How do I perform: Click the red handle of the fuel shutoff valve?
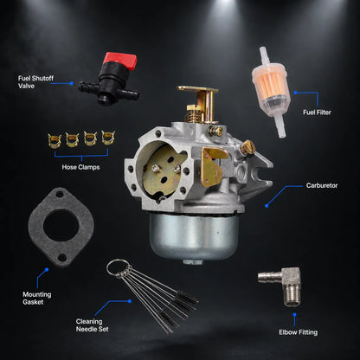[x=120, y=61]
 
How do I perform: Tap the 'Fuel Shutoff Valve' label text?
[x=35, y=82]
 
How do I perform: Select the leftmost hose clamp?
[x=55, y=140]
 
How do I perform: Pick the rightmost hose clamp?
[x=108, y=138]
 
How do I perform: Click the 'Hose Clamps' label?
[x=80, y=167]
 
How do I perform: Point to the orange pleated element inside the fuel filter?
[x=270, y=83]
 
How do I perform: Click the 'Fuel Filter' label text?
[x=317, y=112]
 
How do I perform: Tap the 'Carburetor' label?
[x=322, y=185]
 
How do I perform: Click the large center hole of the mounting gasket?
[x=61, y=225]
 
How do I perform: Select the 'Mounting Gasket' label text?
[x=37, y=299]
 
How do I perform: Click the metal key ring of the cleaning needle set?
[x=118, y=267]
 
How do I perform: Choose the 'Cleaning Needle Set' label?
[x=92, y=325]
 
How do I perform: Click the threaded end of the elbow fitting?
[x=292, y=299]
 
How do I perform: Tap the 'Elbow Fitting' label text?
[x=298, y=332]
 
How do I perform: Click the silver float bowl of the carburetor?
[x=194, y=236]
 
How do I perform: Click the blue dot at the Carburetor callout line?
[x=267, y=206]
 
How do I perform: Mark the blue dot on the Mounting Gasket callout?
[x=47, y=270]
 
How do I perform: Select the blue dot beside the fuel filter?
[x=295, y=93]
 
